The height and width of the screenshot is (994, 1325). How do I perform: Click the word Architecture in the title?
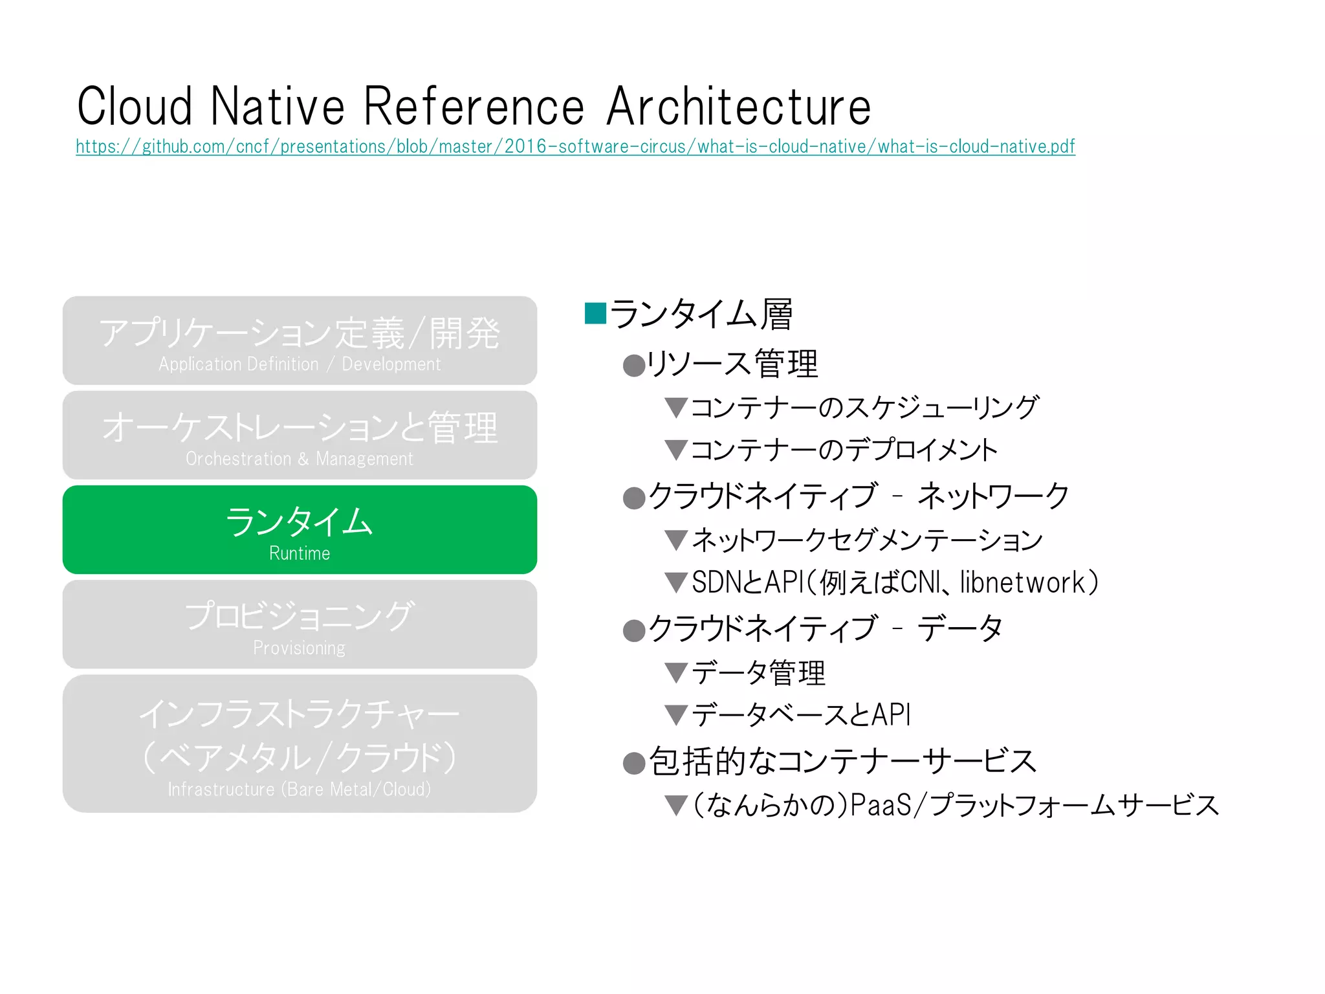(x=739, y=107)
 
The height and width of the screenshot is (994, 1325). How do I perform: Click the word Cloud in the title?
(x=135, y=107)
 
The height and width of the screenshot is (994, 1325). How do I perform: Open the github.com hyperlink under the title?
(x=575, y=147)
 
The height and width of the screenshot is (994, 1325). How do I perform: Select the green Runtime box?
(x=300, y=529)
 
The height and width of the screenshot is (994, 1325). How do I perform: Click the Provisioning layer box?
(x=300, y=624)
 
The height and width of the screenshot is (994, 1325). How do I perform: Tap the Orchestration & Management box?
(x=300, y=435)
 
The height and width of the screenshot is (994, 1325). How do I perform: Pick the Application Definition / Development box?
(x=300, y=340)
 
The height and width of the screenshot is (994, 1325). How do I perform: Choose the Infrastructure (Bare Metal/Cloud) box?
(x=300, y=744)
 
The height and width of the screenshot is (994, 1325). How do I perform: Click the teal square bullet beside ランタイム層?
(x=595, y=313)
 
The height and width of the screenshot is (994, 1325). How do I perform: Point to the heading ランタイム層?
(x=701, y=315)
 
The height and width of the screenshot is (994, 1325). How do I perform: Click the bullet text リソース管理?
(x=732, y=364)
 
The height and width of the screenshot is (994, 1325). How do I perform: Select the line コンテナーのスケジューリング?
(x=864, y=408)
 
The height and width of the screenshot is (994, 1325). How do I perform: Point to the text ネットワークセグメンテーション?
(x=867, y=540)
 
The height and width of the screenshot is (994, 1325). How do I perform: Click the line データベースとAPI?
(x=801, y=715)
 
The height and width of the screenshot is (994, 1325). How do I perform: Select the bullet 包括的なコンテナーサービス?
(x=842, y=761)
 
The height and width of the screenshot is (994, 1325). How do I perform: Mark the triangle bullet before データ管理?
(x=676, y=673)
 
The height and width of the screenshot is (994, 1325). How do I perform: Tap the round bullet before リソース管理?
(x=634, y=366)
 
